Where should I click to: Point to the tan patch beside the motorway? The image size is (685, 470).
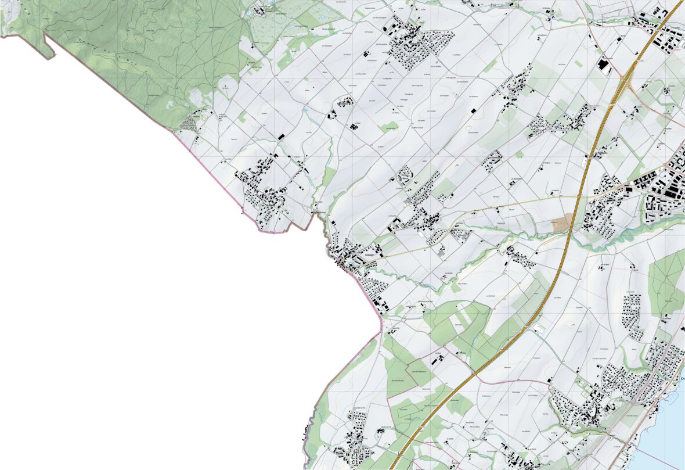pyautogui.click(x=562, y=222)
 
